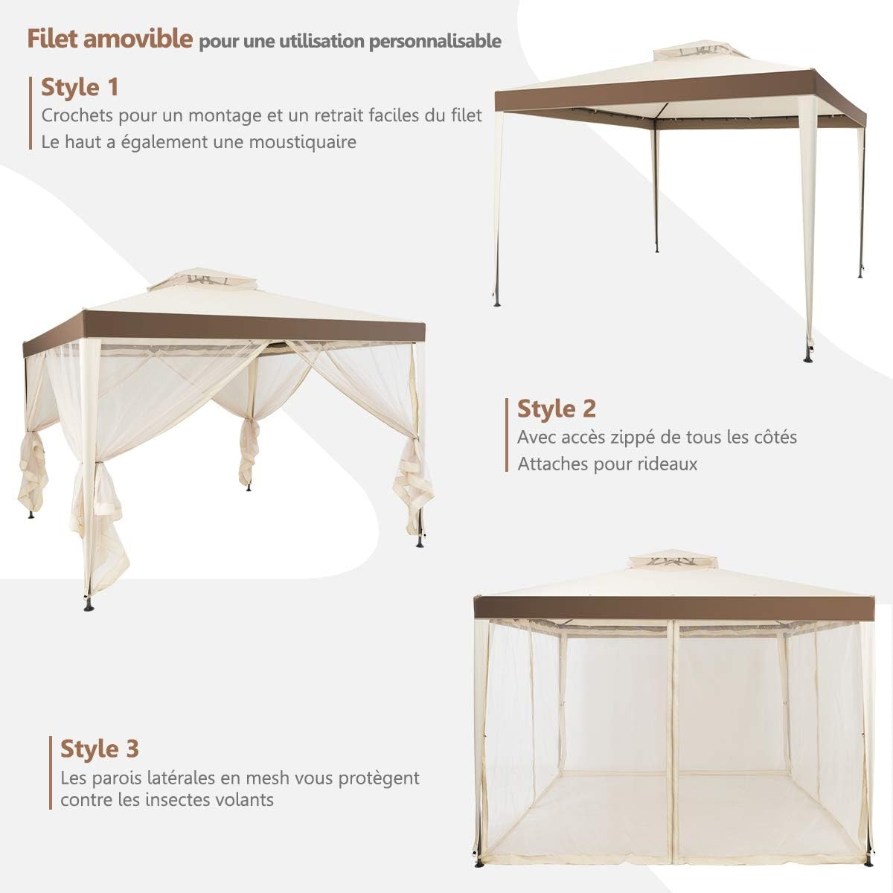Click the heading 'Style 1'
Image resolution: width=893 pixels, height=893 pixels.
click(80, 87)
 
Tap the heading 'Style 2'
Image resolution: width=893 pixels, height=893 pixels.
click(557, 409)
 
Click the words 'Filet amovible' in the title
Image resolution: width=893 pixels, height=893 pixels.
click(110, 39)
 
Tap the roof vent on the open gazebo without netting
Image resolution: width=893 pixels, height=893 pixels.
click(687, 54)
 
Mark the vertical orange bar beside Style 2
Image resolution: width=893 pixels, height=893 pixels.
click(508, 436)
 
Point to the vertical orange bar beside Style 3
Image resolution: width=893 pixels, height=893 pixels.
click(51, 774)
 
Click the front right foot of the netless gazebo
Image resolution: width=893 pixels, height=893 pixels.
click(810, 357)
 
